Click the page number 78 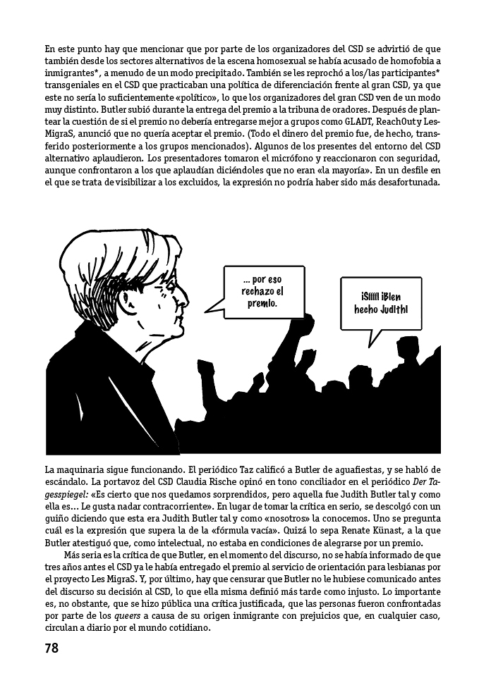[x=51, y=647]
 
